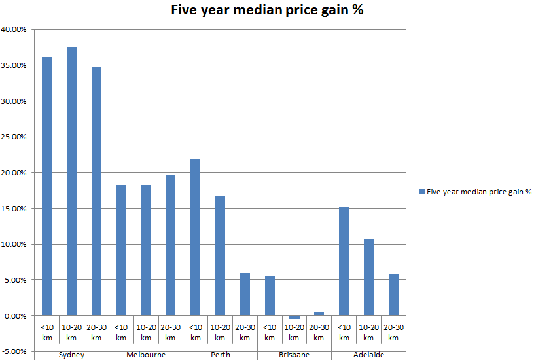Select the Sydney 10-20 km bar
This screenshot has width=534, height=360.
[71, 181]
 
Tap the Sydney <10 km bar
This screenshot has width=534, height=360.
[47, 186]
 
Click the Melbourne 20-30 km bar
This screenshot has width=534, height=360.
[170, 245]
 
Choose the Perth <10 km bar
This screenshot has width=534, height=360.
[195, 237]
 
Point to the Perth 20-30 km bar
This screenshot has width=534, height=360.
[245, 294]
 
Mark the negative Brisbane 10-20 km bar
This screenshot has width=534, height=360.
[294, 317]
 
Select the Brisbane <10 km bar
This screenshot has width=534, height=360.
[270, 296]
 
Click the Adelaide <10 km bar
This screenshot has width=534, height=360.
[344, 261]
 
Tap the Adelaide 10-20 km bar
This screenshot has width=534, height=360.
[368, 277]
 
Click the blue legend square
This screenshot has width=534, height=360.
[421, 192]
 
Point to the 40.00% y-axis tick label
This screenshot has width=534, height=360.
[14, 29]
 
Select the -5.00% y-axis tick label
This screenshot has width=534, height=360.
[14, 351]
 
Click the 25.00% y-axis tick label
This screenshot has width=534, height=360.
[14, 137]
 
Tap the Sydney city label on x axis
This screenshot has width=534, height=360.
[71, 355]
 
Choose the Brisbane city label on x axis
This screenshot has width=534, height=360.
[294, 355]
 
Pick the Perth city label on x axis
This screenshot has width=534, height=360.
[220, 355]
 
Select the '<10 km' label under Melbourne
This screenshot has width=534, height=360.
[121, 332]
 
